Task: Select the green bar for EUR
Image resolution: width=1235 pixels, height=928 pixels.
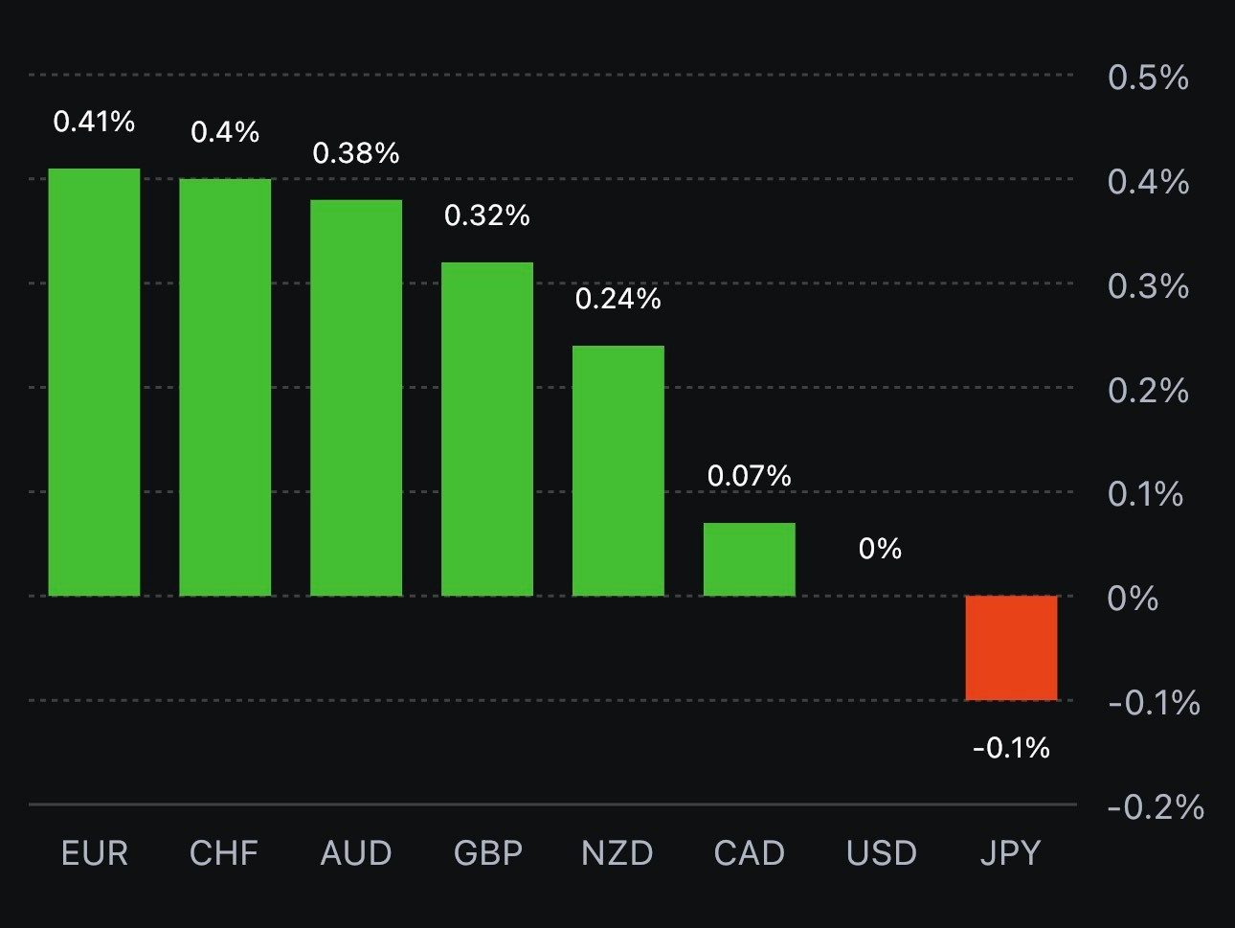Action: pyautogui.click(x=94, y=382)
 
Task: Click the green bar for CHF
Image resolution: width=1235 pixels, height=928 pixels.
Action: pyautogui.click(x=225, y=387)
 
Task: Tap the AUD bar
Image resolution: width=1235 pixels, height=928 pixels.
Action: pyautogui.click(x=356, y=397)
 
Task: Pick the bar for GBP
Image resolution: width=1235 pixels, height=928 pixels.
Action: pyautogui.click(x=487, y=429)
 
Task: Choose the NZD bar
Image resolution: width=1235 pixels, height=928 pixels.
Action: pyautogui.click(x=618, y=470)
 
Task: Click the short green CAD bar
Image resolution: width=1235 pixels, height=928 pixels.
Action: pyautogui.click(x=750, y=559)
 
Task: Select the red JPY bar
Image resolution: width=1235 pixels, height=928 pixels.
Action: pyautogui.click(x=1011, y=647)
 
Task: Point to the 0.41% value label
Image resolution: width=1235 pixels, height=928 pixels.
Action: pyautogui.click(x=94, y=122)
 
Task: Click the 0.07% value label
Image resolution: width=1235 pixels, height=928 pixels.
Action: pyautogui.click(x=750, y=476)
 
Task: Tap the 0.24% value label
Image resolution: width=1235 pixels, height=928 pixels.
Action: pyautogui.click(x=618, y=300)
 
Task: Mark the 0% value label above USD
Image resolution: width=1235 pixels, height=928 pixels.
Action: pyautogui.click(x=880, y=549)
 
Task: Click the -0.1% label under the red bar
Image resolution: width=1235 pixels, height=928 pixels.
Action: pyautogui.click(x=1011, y=748)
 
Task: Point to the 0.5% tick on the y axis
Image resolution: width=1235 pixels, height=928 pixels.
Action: pyautogui.click(x=1148, y=78)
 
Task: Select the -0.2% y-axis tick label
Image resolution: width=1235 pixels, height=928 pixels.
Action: pyautogui.click(x=1156, y=807)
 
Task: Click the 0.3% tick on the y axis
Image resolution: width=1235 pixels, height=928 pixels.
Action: pyautogui.click(x=1148, y=286)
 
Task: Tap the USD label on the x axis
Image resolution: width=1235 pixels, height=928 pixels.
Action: pyautogui.click(x=882, y=853)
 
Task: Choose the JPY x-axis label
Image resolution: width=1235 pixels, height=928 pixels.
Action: pyautogui.click(x=1010, y=853)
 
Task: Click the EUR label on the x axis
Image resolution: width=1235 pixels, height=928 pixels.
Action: pyautogui.click(x=95, y=853)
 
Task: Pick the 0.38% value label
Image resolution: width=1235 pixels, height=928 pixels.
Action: pyautogui.click(x=356, y=153)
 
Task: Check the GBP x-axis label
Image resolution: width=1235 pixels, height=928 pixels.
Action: pyautogui.click(x=488, y=853)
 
